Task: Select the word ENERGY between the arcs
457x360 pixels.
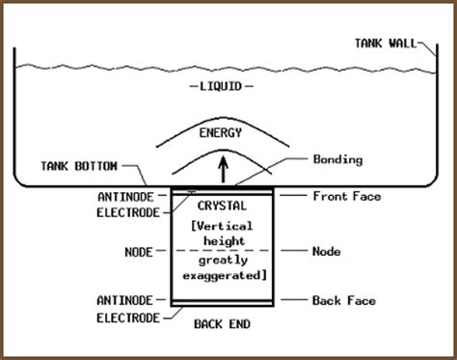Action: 220,132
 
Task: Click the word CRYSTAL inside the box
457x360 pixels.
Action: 224,206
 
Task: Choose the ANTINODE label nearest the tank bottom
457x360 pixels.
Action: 125,196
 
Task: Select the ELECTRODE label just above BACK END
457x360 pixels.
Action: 125,316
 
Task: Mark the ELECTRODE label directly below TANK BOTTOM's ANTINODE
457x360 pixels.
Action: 125,210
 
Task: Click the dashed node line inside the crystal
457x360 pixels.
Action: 224,249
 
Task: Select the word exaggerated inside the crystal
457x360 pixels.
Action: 224,276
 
